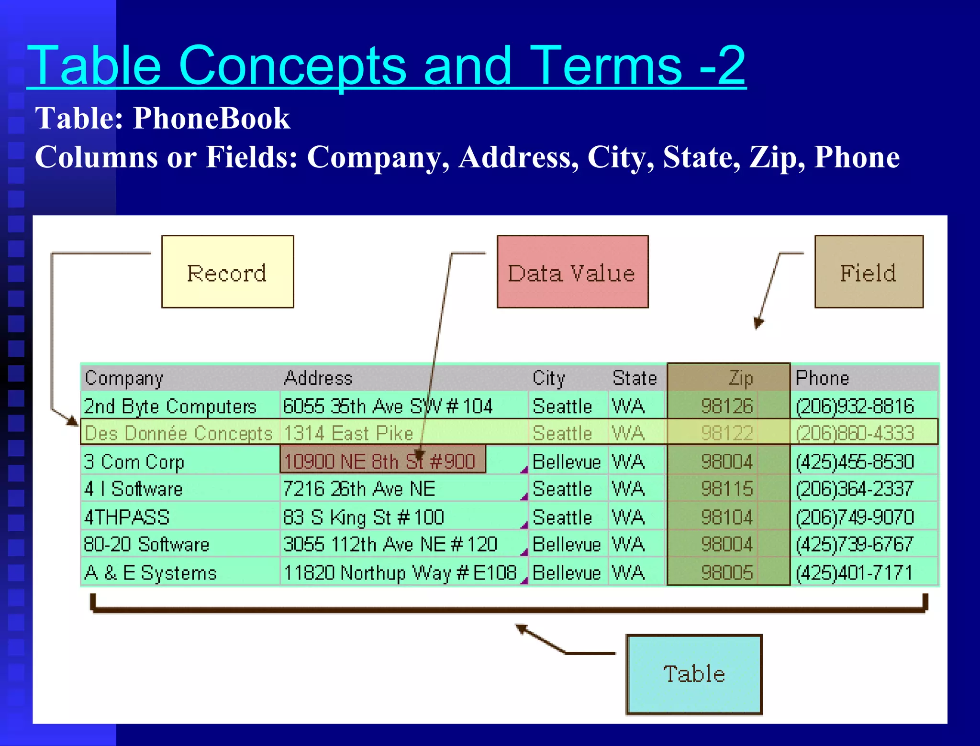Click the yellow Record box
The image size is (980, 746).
point(227,272)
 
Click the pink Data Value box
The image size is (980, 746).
point(572,272)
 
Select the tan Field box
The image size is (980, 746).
point(869,272)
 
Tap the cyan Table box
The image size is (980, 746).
point(694,674)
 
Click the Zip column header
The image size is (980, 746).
point(740,378)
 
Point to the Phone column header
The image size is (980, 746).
point(822,378)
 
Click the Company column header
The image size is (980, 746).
point(124,378)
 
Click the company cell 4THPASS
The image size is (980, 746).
point(127,517)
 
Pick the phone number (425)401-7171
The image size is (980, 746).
point(854,572)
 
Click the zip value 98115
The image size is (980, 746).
point(727,489)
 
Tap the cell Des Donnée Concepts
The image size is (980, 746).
point(178,433)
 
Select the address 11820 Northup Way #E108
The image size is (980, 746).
point(400,572)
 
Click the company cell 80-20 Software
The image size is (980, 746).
point(146,544)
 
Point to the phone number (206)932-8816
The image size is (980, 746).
point(854,406)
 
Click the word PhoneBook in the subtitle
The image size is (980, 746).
point(212,118)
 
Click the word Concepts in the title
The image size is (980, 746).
point(292,66)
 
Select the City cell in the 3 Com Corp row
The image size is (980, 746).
point(567,461)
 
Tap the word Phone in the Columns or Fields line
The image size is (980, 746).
point(857,157)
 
